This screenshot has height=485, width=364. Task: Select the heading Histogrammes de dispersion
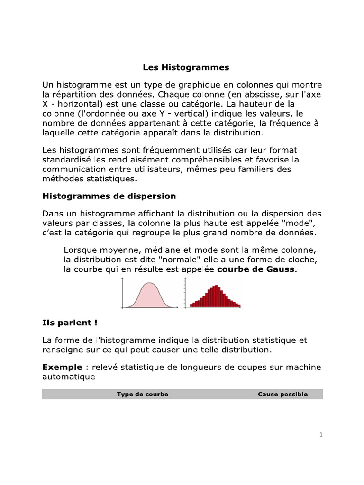click(109, 196)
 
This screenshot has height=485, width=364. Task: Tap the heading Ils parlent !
click(70, 323)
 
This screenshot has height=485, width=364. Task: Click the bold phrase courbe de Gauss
click(256, 269)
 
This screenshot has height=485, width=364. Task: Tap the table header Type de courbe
click(142, 394)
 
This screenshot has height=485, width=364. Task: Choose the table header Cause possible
click(282, 394)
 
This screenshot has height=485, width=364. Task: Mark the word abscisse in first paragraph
click(272, 95)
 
